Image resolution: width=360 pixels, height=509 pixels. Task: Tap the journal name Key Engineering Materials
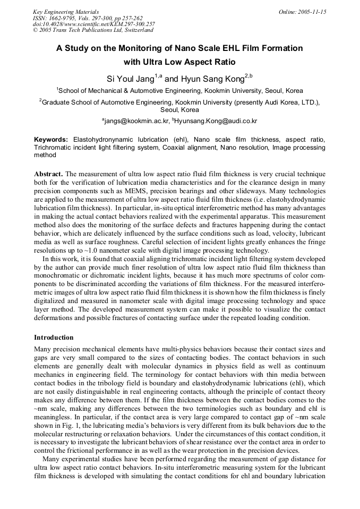click(x=65, y=12)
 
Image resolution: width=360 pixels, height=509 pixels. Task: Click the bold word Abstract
click(x=48, y=174)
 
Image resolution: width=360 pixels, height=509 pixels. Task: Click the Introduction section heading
click(x=54, y=338)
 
